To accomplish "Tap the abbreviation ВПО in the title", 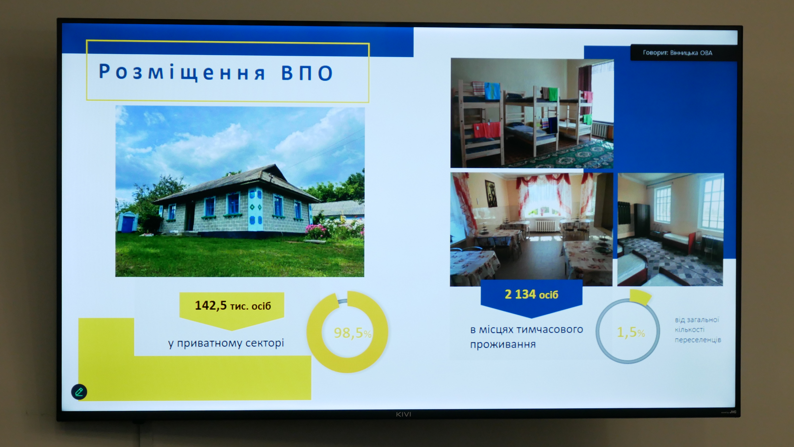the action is coord(307,73).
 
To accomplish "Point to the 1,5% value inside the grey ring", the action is coord(631,332).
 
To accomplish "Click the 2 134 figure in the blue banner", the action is coord(520,294).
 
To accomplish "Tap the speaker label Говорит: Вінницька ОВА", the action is coord(677,53).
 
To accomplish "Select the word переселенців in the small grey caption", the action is coord(698,340).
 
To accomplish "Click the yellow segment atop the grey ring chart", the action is coord(640,297).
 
